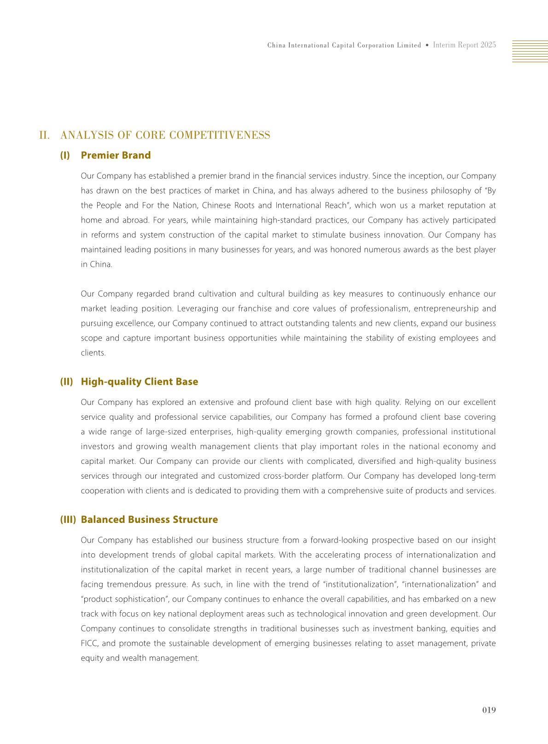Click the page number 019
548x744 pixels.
(x=489, y=710)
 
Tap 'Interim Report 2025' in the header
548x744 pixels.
(x=464, y=45)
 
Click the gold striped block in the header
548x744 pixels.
(x=530, y=51)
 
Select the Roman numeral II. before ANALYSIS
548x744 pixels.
(x=45, y=135)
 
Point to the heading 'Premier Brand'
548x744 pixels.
(x=116, y=155)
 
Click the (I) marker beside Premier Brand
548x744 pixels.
(x=65, y=155)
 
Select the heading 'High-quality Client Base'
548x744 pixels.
(x=139, y=381)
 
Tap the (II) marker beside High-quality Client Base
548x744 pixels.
(x=66, y=381)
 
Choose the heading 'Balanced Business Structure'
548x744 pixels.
(x=149, y=520)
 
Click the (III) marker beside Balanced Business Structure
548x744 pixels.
(x=68, y=520)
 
